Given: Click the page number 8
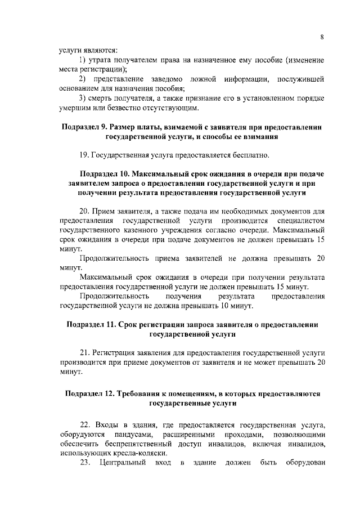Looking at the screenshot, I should point(322,37).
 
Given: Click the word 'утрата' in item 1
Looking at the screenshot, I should point(100,60).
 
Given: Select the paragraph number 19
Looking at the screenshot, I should point(84,155).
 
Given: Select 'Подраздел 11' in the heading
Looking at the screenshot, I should point(92,325).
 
